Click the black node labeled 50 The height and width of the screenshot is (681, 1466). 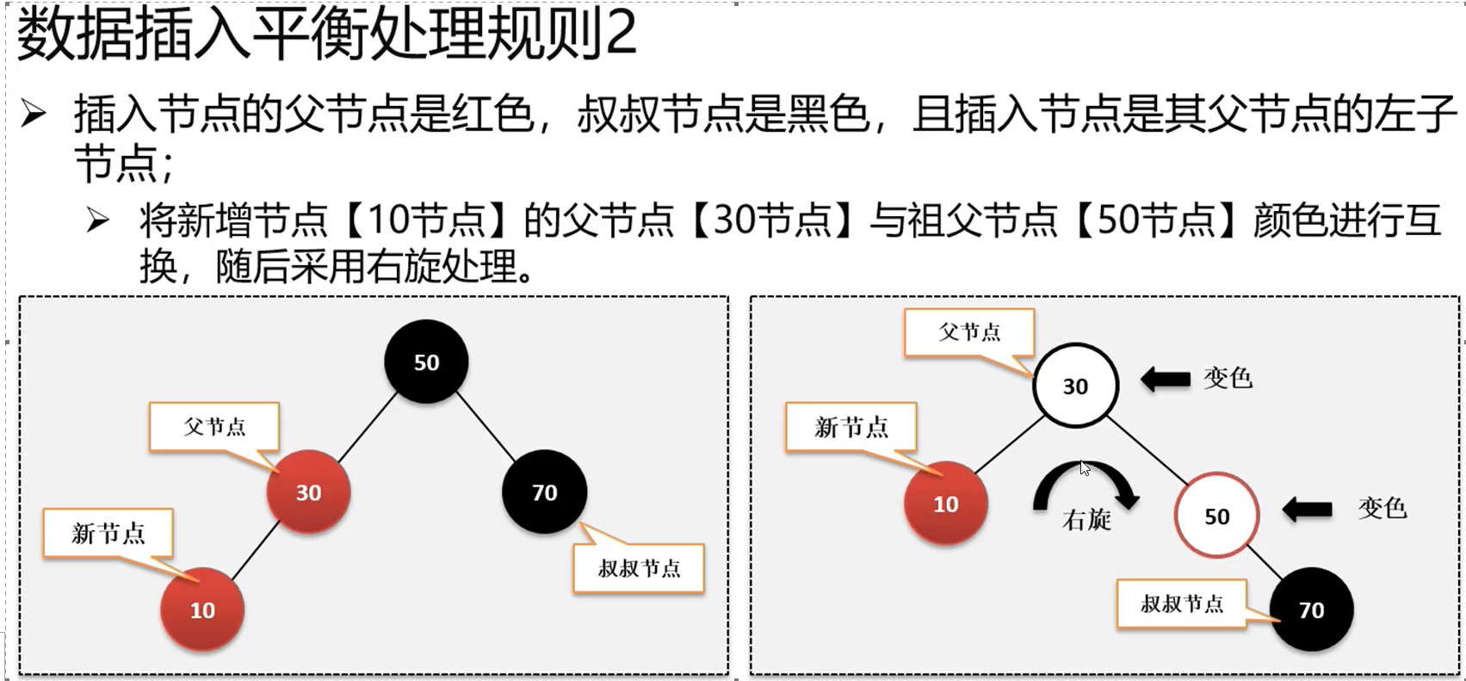click(426, 362)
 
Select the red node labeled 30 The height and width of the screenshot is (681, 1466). click(308, 492)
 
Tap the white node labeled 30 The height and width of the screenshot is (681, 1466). click(1075, 386)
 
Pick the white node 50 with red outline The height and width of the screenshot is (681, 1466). click(1216, 516)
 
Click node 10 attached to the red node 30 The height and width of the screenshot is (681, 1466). click(202, 610)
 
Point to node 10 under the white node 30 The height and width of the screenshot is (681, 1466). click(945, 504)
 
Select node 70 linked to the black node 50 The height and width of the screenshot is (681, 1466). click(544, 492)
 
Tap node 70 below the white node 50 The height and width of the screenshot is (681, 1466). click(1311, 610)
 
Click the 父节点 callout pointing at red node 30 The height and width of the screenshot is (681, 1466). click(214, 426)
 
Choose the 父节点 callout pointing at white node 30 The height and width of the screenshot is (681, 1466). click(969, 332)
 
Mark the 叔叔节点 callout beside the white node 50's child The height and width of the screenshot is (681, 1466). click(1181, 604)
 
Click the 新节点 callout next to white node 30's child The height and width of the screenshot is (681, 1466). click(851, 427)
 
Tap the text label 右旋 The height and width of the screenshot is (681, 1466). click(1086, 520)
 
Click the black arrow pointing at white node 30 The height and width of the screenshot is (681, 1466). click(1166, 379)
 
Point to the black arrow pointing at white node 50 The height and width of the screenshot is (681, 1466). click(1307, 510)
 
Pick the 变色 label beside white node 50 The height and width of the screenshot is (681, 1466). click(1382, 508)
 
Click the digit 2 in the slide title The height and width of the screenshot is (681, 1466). click(621, 34)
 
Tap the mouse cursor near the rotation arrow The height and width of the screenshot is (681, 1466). click(1085, 467)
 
